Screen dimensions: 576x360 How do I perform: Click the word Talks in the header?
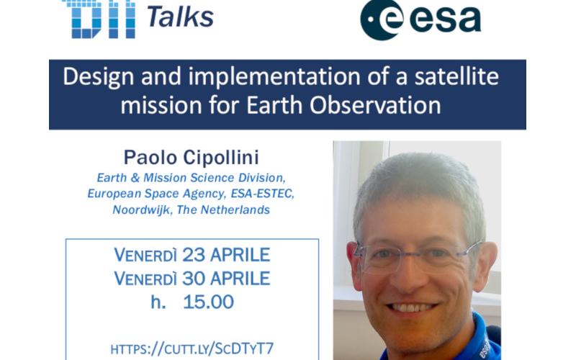pos(181,17)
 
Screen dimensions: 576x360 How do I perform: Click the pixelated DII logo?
pos(99,19)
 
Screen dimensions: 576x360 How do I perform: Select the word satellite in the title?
pos(456,76)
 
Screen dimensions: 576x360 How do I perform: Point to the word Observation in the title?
pos(375,106)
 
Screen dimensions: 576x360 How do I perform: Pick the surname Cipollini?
pos(221,158)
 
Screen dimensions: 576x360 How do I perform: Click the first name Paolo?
pos(150,158)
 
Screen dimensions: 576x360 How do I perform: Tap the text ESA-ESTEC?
pos(262,194)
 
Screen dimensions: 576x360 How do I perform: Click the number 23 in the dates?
pos(193,255)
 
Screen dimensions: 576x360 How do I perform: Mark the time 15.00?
pos(208,302)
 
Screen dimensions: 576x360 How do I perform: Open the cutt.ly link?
pos(192,348)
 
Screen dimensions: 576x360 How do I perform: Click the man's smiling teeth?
pos(412,307)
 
